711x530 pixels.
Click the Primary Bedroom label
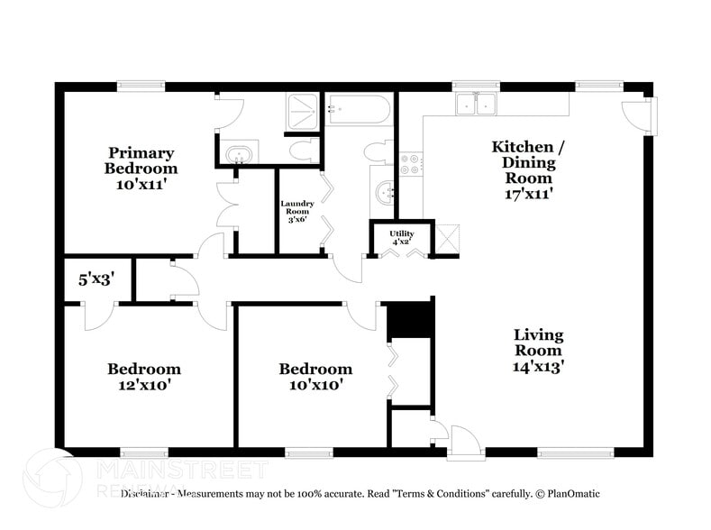point(141,160)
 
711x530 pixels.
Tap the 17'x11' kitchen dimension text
point(523,192)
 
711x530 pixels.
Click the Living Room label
point(538,342)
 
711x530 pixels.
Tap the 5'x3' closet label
point(96,279)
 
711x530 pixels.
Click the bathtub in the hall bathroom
point(359,111)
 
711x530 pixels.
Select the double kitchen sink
point(478,105)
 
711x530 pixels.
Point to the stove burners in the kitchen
point(410,163)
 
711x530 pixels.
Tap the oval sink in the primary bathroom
point(239,153)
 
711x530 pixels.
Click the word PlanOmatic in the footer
point(570,494)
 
